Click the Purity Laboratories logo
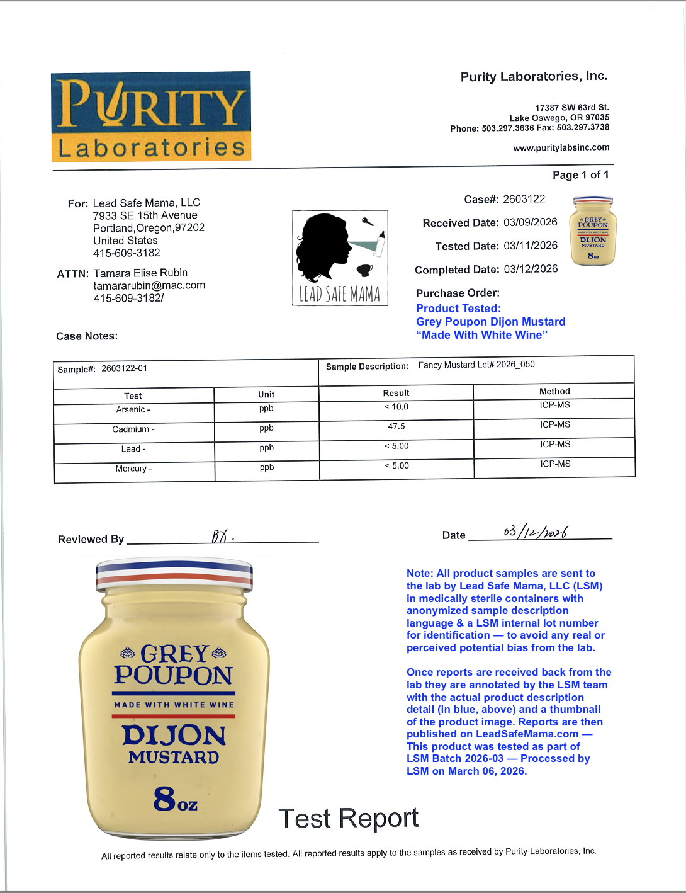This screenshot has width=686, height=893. (x=151, y=117)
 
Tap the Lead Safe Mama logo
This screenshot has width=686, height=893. (x=340, y=258)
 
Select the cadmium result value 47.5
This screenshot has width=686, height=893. (x=396, y=426)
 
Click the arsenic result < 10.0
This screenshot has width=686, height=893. (x=396, y=407)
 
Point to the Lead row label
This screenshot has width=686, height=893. (x=133, y=449)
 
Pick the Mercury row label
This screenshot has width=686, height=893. (x=133, y=469)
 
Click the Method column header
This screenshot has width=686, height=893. (x=554, y=391)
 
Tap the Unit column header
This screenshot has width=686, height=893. (x=266, y=394)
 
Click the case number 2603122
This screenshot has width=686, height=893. (x=524, y=199)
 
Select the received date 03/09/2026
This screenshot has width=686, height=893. (x=531, y=222)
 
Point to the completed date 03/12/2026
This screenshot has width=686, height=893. (x=531, y=269)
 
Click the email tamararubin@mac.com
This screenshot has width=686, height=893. (x=149, y=285)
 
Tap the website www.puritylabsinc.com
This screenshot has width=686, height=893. (x=561, y=147)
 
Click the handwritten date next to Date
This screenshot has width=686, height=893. (x=536, y=532)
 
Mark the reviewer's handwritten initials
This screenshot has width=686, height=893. (x=222, y=537)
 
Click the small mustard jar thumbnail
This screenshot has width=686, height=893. (x=593, y=230)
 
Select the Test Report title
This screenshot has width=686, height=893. (x=348, y=818)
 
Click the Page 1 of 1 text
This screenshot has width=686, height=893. (x=580, y=175)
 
